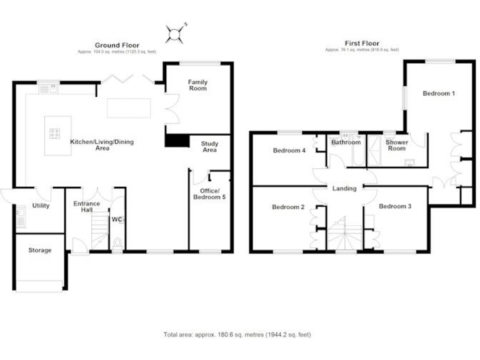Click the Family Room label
pos(197,85)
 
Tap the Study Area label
pos(209,147)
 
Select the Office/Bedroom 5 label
pos(209,194)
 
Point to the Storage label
pos(39,250)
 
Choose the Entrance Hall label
pos(87,207)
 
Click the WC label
pos(116,219)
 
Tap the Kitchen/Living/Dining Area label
pos(102,145)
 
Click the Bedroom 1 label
pos(438,94)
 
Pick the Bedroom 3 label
pos(394,206)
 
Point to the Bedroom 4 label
pos(289,151)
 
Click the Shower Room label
pos(397,146)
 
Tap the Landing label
pos(344,188)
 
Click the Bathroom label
pos(346,142)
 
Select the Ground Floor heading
pos(117,45)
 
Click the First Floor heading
pos(362,44)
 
